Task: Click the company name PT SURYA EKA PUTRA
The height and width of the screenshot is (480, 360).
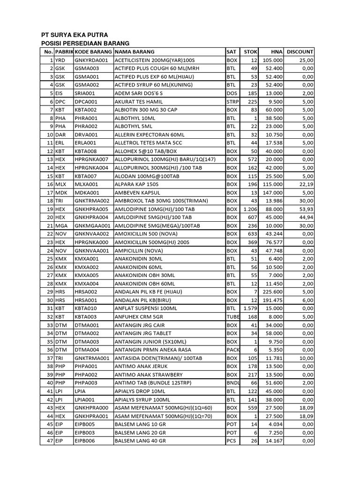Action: [75, 35]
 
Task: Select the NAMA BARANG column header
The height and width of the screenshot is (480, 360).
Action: [135, 52]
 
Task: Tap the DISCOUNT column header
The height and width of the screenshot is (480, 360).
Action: [300, 52]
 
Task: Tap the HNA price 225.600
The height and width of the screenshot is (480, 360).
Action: [274, 291]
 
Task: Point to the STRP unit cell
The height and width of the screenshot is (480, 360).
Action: [232, 102]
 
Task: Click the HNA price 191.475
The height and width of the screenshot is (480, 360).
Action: [274, 299]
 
